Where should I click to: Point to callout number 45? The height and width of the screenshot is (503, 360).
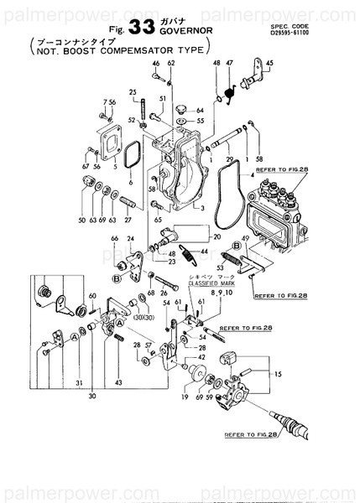tap(269, 64)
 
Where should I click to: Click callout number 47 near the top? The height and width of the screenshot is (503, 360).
tap(229, 64)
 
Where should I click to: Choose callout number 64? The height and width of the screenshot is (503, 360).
tap(200, 110)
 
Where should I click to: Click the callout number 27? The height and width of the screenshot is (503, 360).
tap(128, 220)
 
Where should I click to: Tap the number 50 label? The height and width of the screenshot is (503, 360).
tap(82, 220)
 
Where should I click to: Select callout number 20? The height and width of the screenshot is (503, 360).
tap(217, 237)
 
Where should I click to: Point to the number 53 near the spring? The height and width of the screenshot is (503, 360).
tap(220, 269)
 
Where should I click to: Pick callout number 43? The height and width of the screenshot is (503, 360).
tap(118, 384)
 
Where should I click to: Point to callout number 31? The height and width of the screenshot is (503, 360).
tap(77, 384)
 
